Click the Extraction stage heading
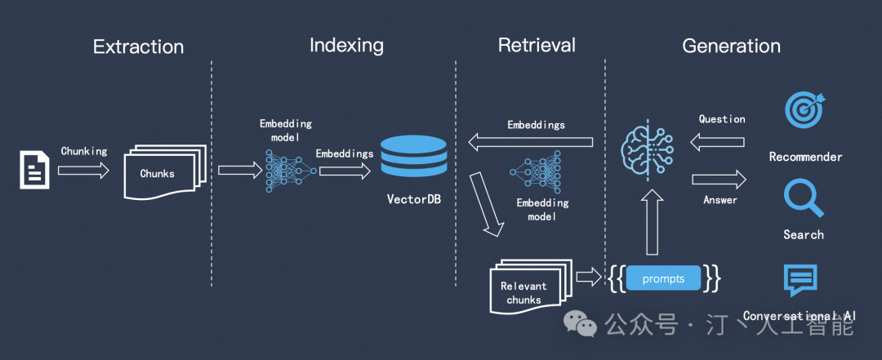click(138, 47)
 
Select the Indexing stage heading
click(346, 45)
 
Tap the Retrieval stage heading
click(537, 45)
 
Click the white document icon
click(34, 170)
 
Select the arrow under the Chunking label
click(83, 171)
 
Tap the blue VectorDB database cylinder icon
click(414, 157)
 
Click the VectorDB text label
click(413, 199)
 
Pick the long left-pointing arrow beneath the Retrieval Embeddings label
click(530, 143)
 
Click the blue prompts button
click(664, 278)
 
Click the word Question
click(722, 119)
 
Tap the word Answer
click(719, 200)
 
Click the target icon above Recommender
click(804, 110)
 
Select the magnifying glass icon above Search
click(802, 196)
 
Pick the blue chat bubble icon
click(800, 280)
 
